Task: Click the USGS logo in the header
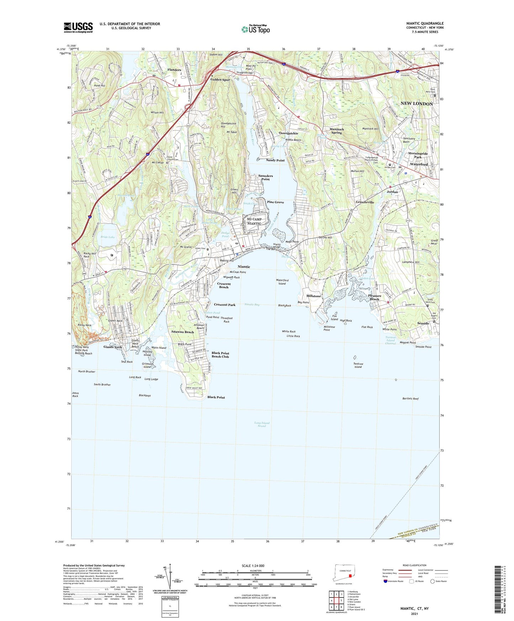coord(78,27)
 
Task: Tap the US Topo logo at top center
coord(255,29)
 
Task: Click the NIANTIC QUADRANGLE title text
coord(425,23)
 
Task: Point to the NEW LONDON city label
coord(417,103)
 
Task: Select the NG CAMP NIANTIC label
coord(254,221)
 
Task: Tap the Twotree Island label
coord(358,365)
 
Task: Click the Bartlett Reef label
coord(410,399)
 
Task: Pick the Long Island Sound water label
coord(262,424)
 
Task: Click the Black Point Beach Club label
coord(220,355)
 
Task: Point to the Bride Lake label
coord(107,237)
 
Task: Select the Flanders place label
coord(174,70)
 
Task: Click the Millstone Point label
coord(329,328)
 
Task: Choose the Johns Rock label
coord(75,394)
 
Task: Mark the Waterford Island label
coord(282,282)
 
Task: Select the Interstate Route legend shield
coord(386,582)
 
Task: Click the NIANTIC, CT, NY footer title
coord(414,609)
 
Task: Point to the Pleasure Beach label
coord(375,297)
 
